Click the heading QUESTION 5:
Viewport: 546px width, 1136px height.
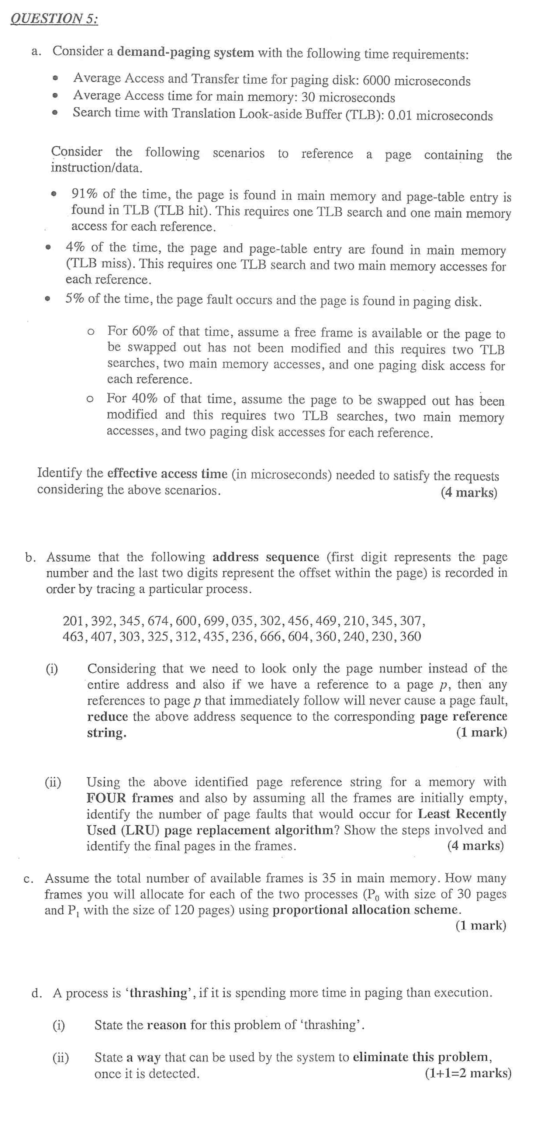coord(54,18)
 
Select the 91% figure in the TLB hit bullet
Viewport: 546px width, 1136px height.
coord(85,194)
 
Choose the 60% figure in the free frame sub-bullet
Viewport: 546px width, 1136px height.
coord(145,331)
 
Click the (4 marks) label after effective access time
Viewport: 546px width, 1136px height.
coord(469,492)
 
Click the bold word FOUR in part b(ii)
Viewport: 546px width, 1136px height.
coord(106,798)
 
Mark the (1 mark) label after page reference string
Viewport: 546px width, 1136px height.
coord(481,732)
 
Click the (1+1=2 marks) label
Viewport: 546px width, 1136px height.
coord(468,1073)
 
